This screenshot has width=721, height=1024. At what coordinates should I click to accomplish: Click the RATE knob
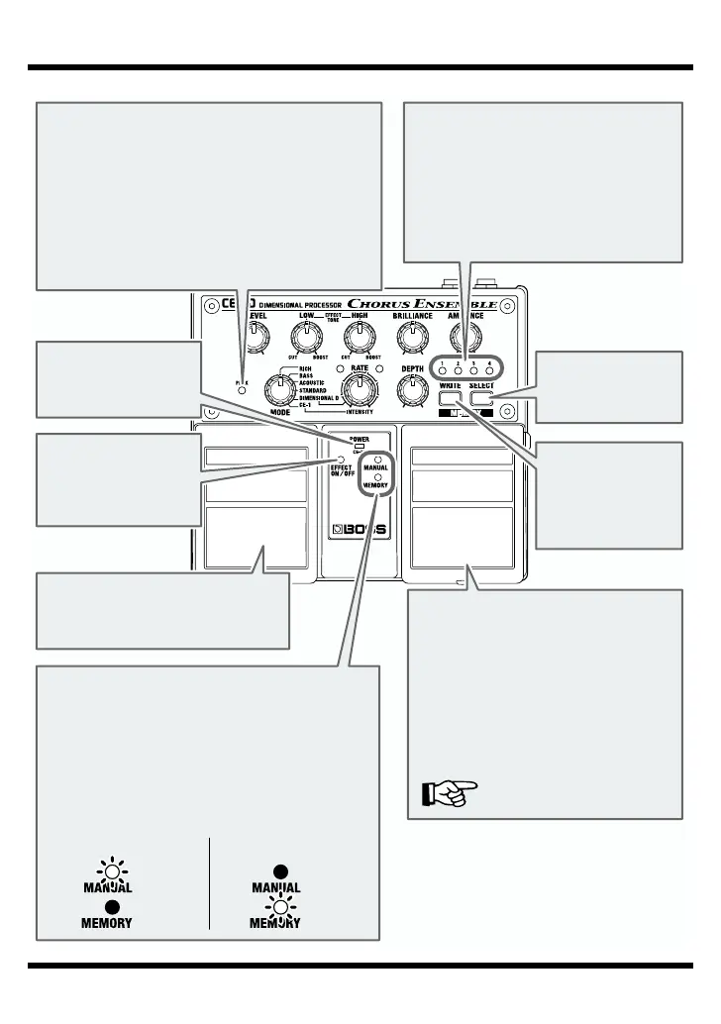(x=359, y=387)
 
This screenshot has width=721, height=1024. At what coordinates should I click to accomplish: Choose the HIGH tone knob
(x=358, y=339)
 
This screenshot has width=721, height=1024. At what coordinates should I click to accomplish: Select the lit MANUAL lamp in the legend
(x=115, y=872)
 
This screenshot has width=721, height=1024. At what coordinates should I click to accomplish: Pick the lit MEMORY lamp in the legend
(x=281, y=909)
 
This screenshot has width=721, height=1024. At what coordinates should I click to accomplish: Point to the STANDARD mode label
(x=316, y=391)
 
